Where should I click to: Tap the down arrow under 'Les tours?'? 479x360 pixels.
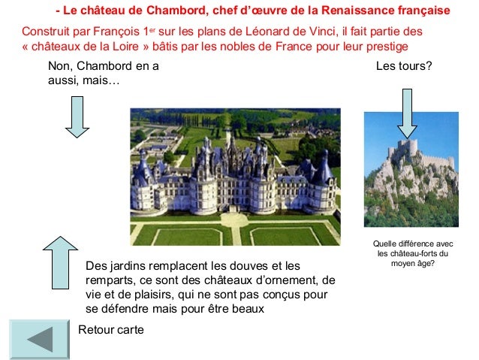pyautogui.click(x=407, y=112)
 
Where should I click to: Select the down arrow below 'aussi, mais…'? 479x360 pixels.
pyautogui.click(x=77, y=117)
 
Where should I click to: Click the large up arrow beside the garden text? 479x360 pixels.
pyautogui.click(x=60, y=264)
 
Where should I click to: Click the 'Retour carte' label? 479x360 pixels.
pyautogui.click(x=110, y=330)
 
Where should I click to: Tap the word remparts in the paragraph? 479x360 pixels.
pyautogui.click(x=110, y=280)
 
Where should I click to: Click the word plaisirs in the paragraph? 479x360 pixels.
pyautogui.click(x=160, y=295)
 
